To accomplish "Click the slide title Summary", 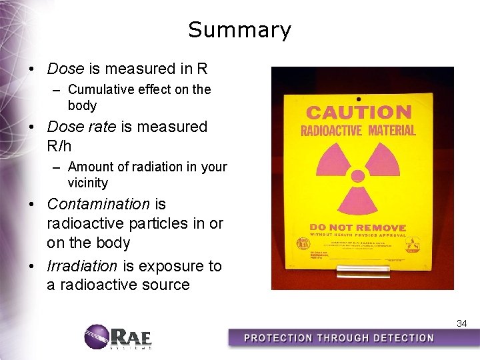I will coord(239,30).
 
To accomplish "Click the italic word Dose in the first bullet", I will coord(65,69).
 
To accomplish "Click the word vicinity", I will coord(87,183).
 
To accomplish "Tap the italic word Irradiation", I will coord(81,266).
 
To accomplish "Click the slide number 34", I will coord(461,323).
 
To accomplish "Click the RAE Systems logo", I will coord(119,337).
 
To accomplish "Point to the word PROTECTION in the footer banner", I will coord(280,338).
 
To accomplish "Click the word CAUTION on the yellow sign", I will coord(359,112).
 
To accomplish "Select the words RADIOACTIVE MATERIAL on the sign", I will coord(359,130).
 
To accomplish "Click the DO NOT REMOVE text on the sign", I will coord(355,227).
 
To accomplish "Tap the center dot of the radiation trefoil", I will coord(358,176).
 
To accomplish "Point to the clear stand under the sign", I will coord(354,271).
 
